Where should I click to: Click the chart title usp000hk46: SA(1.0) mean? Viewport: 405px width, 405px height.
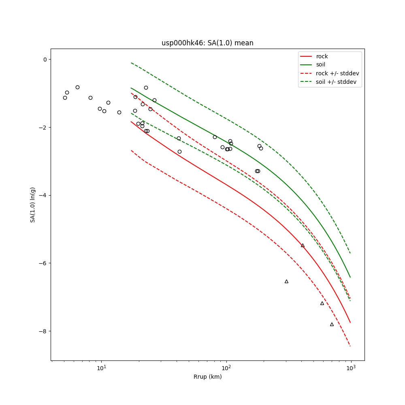(x=207, y=43)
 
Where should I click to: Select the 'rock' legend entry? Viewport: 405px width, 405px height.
(x=322, y=56)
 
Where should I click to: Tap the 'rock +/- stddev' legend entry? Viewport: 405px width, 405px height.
(x=337, y=73)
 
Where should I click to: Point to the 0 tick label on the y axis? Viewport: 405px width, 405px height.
(x=45, y=60)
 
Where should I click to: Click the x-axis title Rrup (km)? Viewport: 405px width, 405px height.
(x=207, y=377)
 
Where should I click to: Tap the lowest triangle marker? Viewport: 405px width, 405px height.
(x=332, y=324)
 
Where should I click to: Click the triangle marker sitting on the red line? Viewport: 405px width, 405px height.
(x=303, y=245)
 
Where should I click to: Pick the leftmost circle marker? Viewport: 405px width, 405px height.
(x=65, y=98)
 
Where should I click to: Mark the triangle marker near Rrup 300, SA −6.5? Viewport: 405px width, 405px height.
(x=286, y=281)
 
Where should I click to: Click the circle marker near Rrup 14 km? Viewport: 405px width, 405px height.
(x=119, y=112)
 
